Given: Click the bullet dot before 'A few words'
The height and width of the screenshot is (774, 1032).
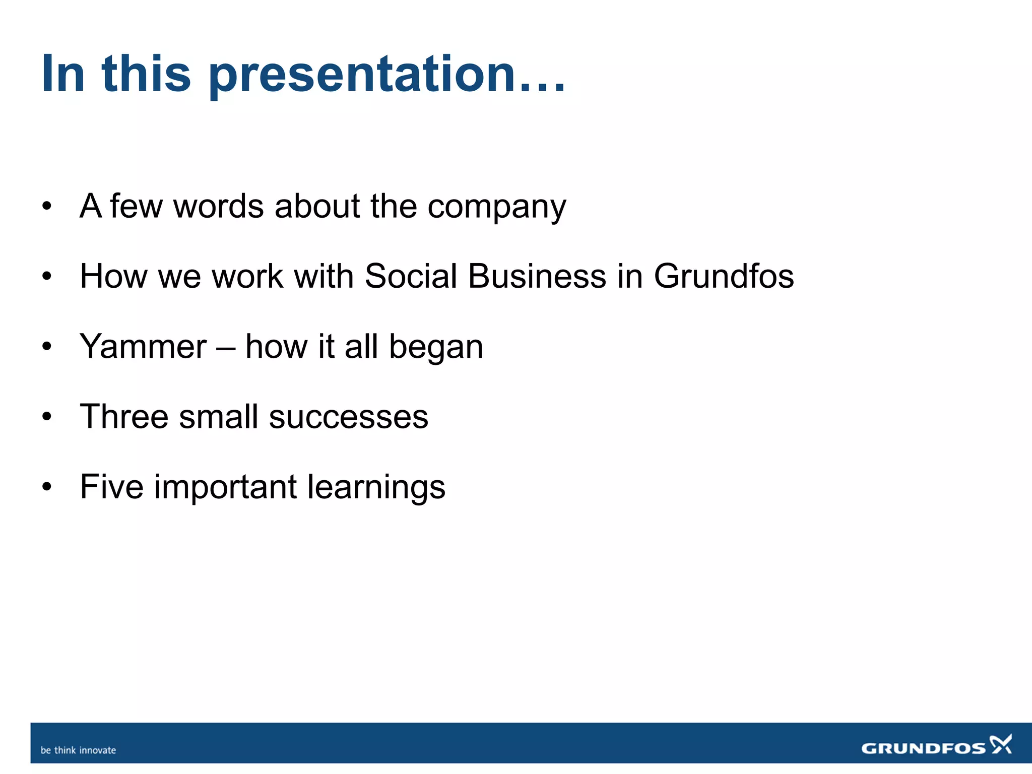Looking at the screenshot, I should pyautogui.click(x=47, y=206).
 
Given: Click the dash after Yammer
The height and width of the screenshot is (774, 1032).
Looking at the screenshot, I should pyautogui.click(x=225, y=348).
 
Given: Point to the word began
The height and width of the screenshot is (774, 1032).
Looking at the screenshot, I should pyautogui.click(x=436, y=348).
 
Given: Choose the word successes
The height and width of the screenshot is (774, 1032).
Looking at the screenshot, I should pyautogui.click(x=348, y=418).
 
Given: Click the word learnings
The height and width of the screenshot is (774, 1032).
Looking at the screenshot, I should pyautogui.click(x=376, y=488).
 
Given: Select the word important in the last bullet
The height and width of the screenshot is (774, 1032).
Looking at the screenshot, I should pyautogui.click(x=225, y=488).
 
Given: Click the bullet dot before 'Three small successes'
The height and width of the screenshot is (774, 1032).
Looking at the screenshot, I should pyautogui.click(x=47, y=417).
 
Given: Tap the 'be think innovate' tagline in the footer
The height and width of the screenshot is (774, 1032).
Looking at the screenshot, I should pyautogui.click(x=78, y=750).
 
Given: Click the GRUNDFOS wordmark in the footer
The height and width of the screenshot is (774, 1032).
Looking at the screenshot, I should pyautogui.click(x=923, y=748).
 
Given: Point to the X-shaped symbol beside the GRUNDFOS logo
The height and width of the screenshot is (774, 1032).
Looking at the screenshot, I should pyautogui.click(x=1001, y=744).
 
